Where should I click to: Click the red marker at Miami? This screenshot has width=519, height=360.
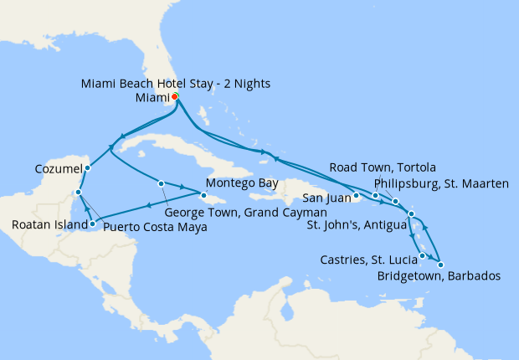tap(175, 97)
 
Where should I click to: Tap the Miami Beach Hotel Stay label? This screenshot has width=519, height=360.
tap(176, 84)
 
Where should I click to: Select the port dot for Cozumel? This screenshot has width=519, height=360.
tap(87, 167)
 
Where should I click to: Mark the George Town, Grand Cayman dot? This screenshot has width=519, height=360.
tap(161, 183)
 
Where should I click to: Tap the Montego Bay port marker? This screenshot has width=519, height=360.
tap(203, 195)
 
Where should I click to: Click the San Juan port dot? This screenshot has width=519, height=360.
tap(356, 197)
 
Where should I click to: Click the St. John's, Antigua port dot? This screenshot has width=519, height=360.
tap(411, 215)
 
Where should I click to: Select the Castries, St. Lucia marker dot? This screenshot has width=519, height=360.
tap(423, 255)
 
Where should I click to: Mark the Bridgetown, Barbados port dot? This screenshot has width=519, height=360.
tap(440, 265)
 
